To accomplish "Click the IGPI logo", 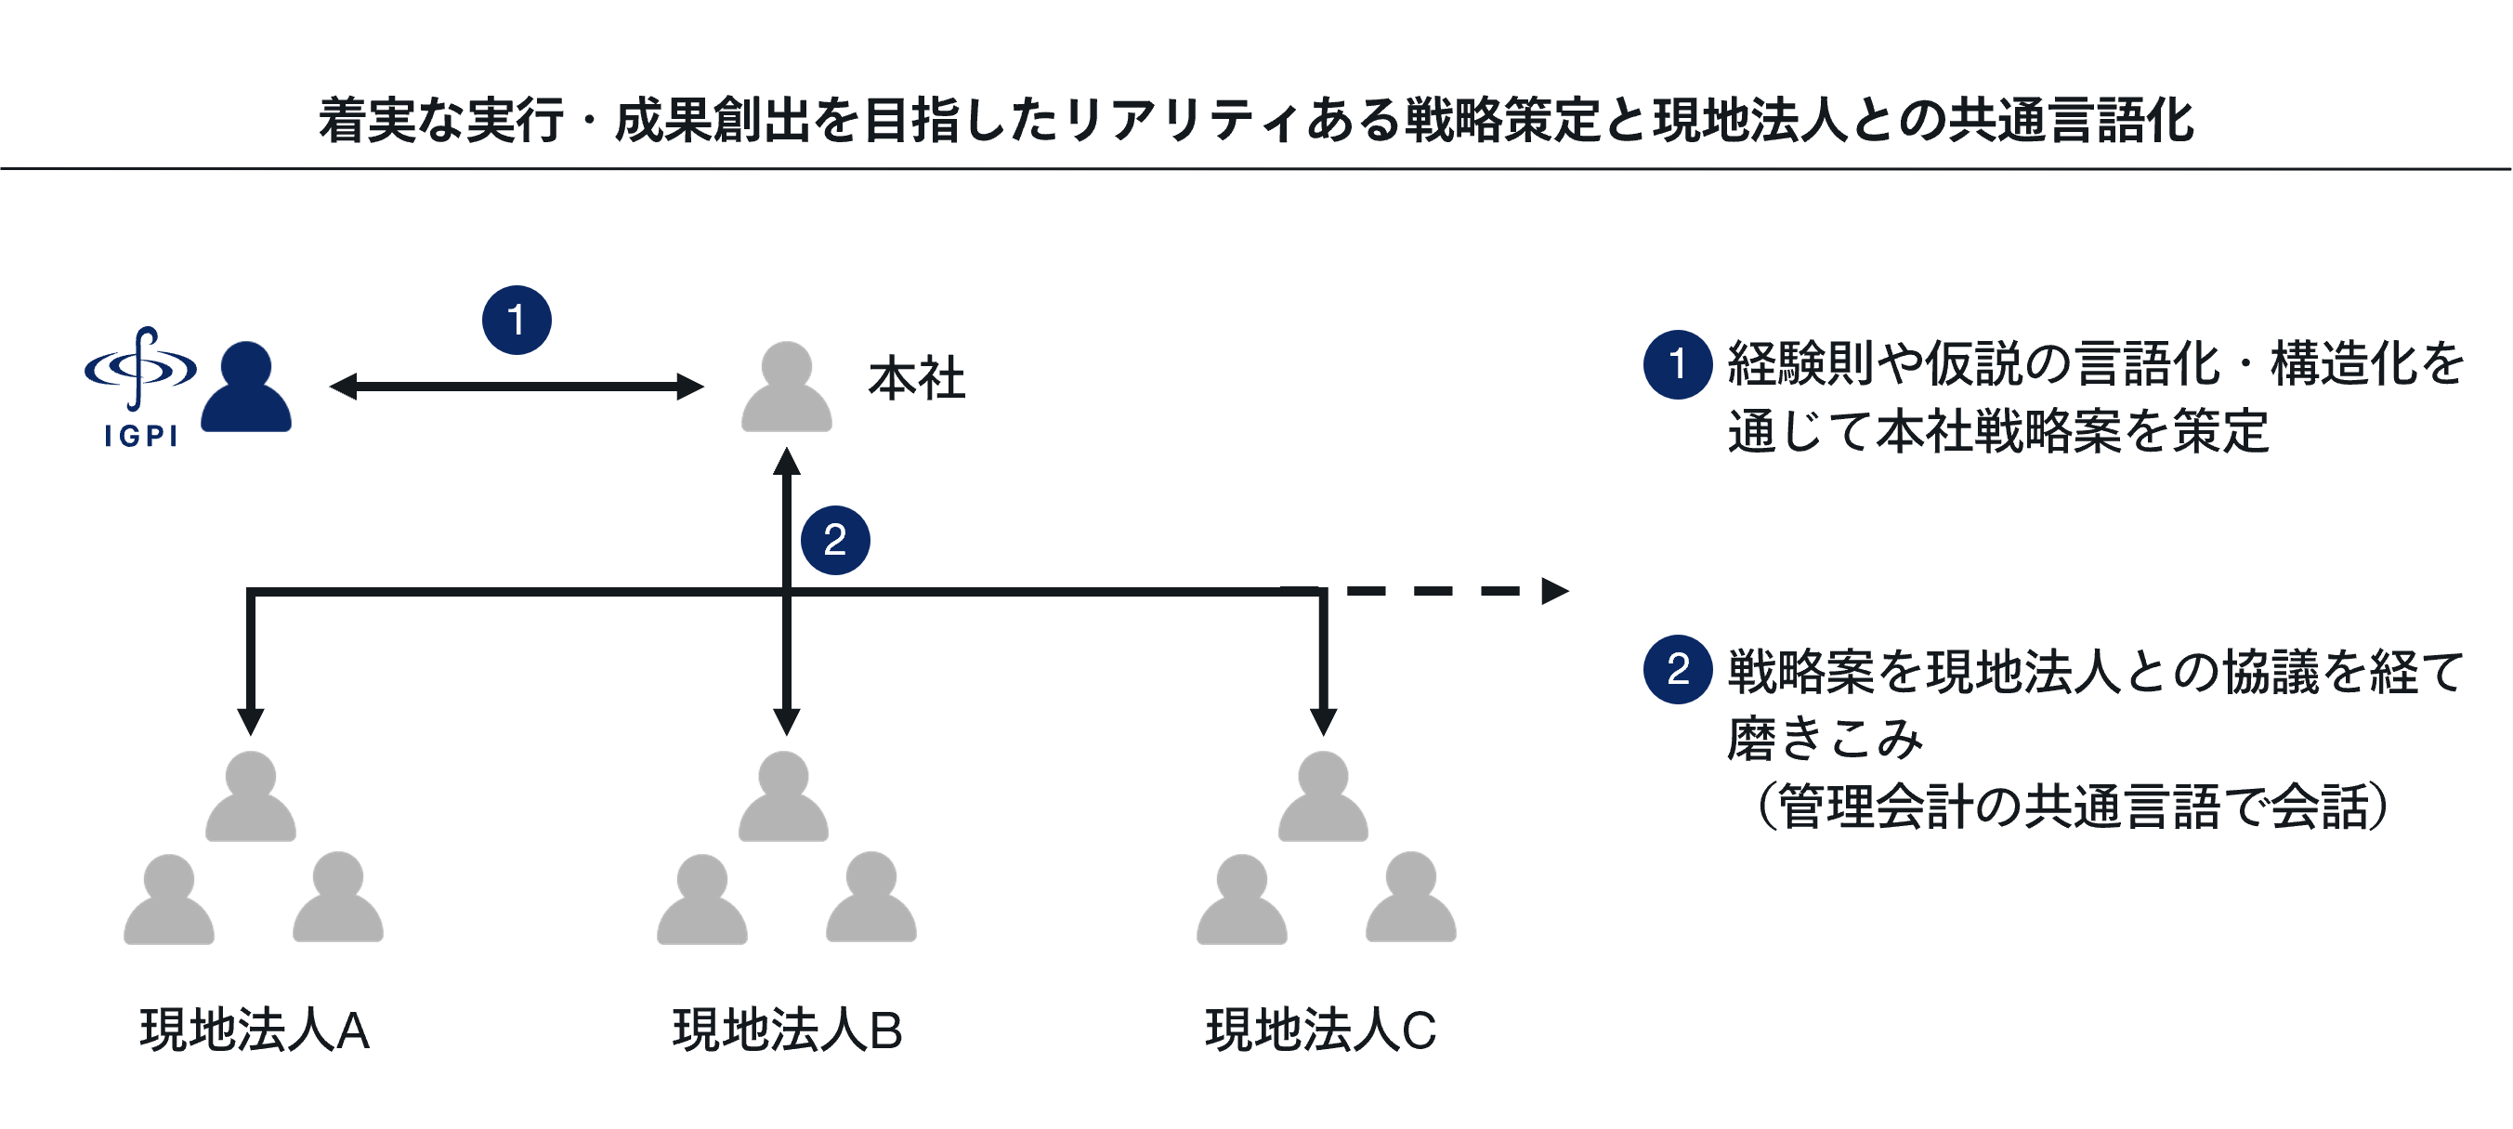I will [x=140, y=387].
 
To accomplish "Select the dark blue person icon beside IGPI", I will [x=246, y=388].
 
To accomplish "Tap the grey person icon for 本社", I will [x=786, y=388].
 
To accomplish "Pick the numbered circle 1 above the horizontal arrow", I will [x=516, y=320].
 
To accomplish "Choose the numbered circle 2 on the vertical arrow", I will [x=835, y=541].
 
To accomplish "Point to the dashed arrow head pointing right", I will [x=1553, y=591].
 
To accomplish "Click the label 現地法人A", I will [x=255, y=1031].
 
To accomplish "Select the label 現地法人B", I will [x=787, y=1031].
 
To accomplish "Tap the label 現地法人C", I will [x=1321, y=1031].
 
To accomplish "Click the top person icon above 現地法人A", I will [x=251, y=797].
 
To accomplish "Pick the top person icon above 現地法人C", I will [x=1323, y=797].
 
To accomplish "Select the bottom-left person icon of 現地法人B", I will [x=701, y=899].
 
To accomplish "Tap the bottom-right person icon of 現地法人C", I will [x=1410, y=898].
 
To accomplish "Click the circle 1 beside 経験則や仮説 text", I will [x=1677, y=365].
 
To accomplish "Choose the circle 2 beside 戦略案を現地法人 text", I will [x=1677, y=669].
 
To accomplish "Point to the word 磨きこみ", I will [x=1825, y=739].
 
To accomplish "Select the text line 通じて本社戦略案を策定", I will [x=1998, y=431].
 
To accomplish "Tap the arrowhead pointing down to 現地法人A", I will [x=251, y=720].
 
